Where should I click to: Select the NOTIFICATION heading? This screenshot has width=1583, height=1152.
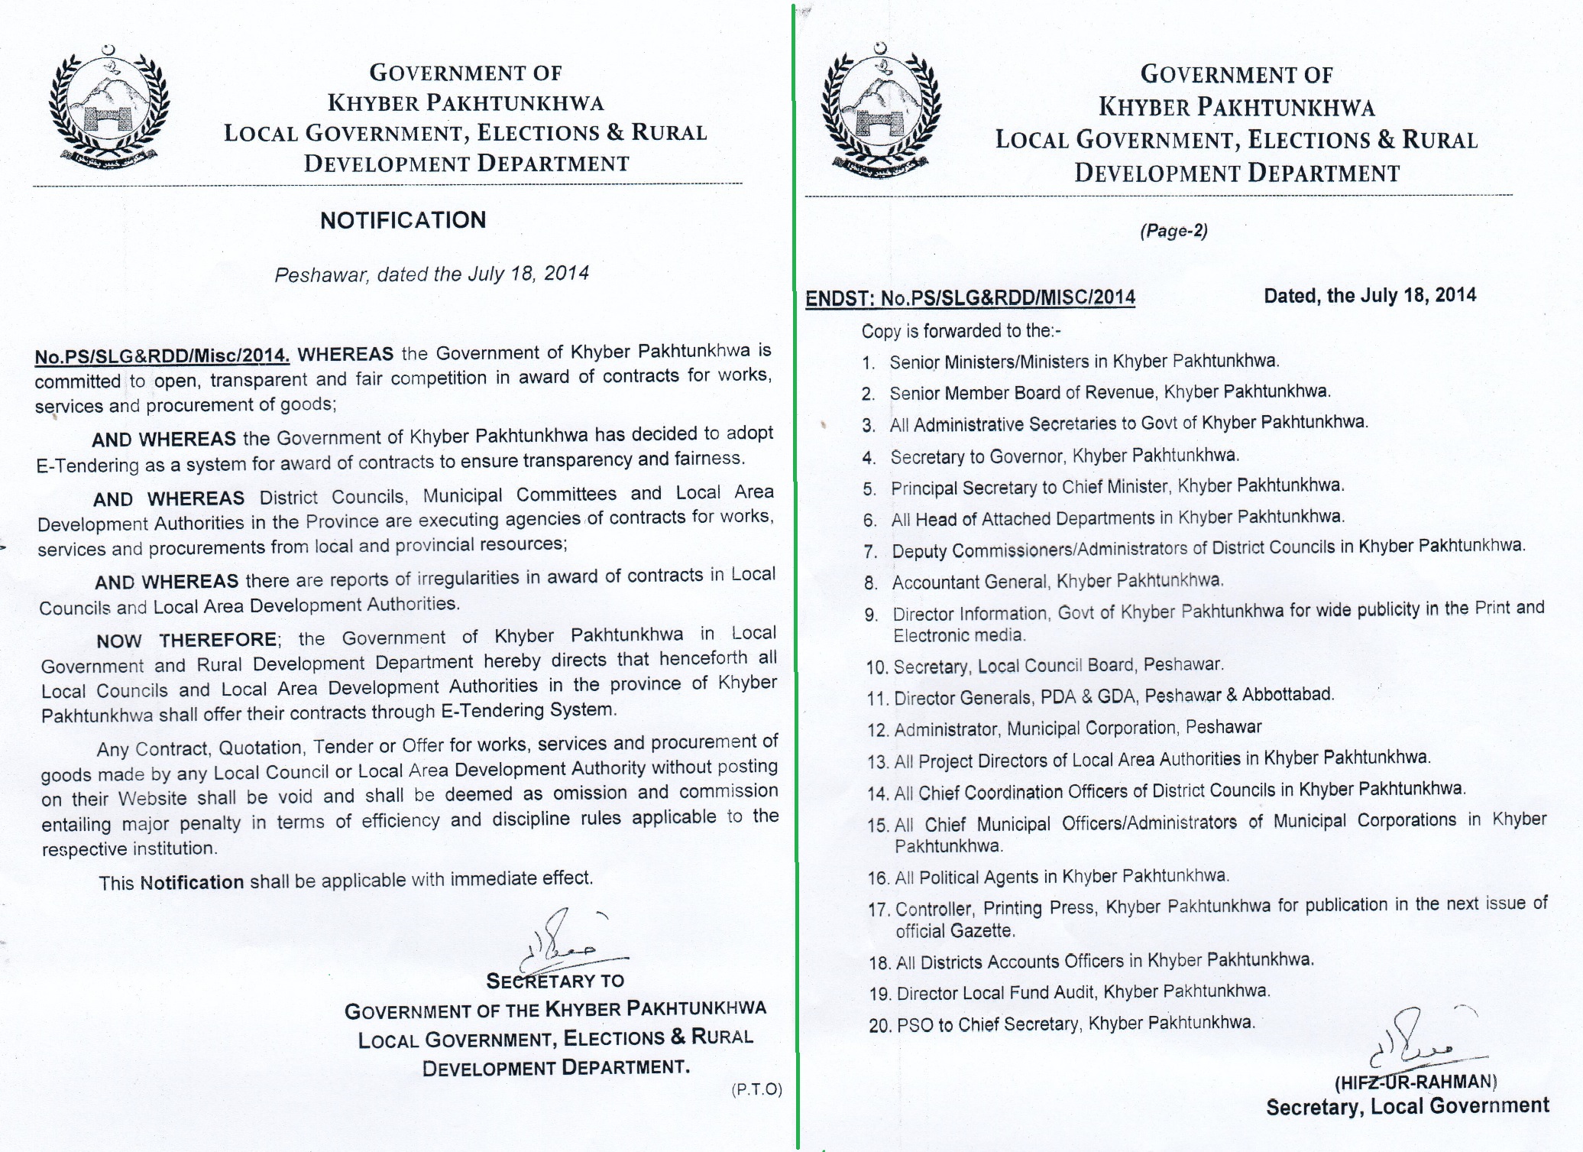click(403, 220)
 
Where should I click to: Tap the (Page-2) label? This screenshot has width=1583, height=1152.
click(1173, 231)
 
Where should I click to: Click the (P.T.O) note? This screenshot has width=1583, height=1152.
click(756, 1089)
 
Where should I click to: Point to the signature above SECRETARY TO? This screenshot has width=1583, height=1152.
click(565, 940)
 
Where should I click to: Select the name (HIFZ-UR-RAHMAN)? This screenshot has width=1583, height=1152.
click(1416, 1082)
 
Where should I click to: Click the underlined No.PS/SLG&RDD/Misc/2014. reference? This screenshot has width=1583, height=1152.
click(162, 355)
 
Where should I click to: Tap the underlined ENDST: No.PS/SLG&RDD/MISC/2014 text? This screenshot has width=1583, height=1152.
click(970, 297)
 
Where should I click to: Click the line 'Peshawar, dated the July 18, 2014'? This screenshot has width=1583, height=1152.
click(432, 274)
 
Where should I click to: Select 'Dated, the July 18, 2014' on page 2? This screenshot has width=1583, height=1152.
click(1370, 295)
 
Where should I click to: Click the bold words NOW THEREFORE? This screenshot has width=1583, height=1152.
click(186, 640)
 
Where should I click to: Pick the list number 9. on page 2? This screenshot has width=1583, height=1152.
click(872, 615)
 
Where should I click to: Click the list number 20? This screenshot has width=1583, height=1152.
click(880, 1025)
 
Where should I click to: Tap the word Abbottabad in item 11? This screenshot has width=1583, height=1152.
click(1287, 694)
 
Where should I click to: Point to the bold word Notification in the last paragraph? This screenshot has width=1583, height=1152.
click(192, 882)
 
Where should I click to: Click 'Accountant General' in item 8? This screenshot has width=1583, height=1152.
click(970, 582)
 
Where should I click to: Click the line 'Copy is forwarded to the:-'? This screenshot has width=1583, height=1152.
click(961, 331)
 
